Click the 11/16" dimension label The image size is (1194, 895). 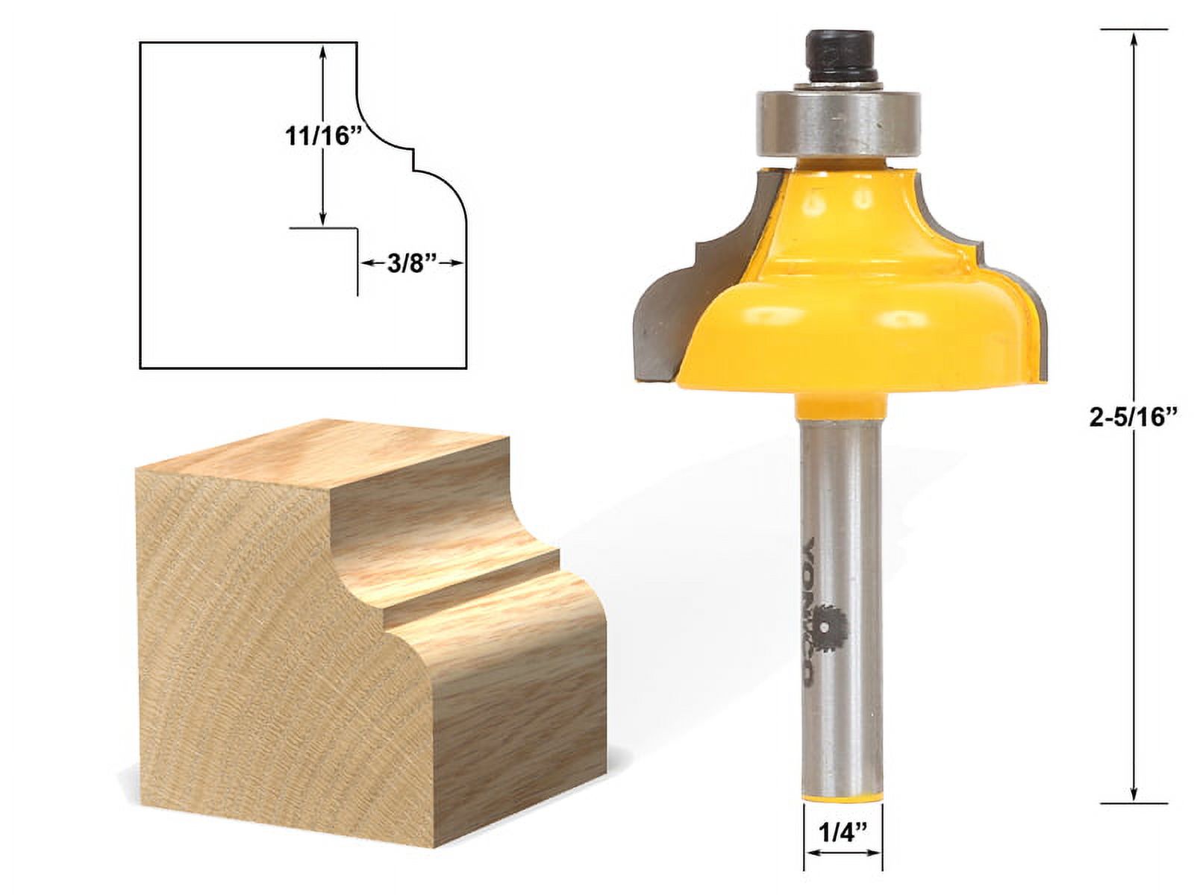(x=319, y=136)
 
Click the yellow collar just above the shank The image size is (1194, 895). (x=840, y=408)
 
